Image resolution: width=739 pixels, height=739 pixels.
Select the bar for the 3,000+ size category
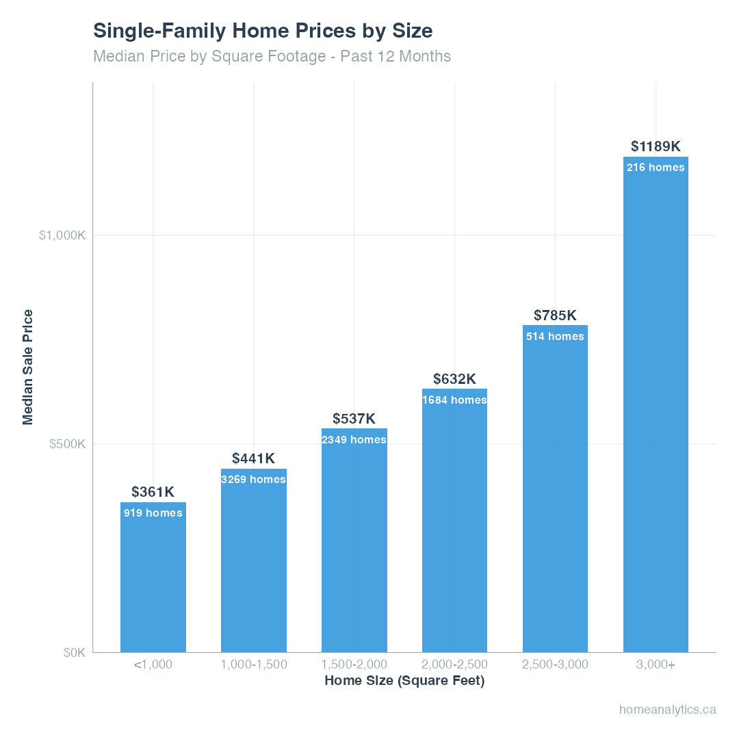[656, 411]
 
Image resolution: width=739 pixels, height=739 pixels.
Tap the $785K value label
[555, 315]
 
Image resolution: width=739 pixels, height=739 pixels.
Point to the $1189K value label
[656, 146]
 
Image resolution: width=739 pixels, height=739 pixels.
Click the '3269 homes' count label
[253, 480]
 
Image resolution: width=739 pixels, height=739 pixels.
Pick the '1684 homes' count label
[454, 400]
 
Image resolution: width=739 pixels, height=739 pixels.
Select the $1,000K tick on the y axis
[62, 235]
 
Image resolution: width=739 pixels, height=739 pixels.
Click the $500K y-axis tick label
[67, 444]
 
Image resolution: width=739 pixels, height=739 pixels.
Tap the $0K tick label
[74, 653]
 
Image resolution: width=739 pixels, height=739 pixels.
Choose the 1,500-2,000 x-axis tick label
[354, 664]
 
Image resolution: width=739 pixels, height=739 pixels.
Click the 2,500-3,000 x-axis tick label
[555, 664]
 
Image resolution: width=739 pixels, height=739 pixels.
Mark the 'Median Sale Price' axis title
[28, 367]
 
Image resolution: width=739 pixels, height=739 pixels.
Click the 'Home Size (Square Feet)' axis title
[404, 682]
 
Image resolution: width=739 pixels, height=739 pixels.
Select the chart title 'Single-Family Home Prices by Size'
[263, 31]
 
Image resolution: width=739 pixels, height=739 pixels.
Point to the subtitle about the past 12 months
[272, 56]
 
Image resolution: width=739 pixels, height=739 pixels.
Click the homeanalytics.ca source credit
[667, 710]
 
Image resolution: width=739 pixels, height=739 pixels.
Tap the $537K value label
[354, 419]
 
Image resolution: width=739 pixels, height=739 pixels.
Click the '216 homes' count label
[656, 168]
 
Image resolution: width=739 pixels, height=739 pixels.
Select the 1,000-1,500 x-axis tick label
[253, 664]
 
